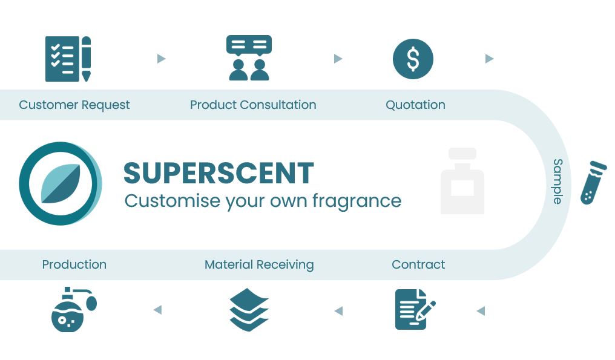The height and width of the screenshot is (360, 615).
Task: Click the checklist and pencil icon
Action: pos(68,59)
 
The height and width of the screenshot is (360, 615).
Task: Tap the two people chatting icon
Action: pos(249,57)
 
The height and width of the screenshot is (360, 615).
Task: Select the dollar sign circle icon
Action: pos(413,59)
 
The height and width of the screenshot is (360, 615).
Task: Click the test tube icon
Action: pos(593,183)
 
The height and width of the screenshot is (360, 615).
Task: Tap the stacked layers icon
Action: pos(249,309)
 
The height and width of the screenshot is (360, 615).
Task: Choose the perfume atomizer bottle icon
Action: pos(74,309)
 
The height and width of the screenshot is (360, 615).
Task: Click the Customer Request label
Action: pos(74,105)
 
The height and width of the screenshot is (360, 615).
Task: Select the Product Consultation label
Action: pos(253,105)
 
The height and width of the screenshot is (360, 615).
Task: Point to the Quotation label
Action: pos(415,105)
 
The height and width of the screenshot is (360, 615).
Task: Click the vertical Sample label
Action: pos(557,182)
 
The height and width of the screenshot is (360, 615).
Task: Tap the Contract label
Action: pos(418,264)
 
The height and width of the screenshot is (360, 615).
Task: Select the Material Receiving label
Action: pos(259,265)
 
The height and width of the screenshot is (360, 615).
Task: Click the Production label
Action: pos(74,264)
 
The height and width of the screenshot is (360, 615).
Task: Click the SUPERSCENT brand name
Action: pos(219,173)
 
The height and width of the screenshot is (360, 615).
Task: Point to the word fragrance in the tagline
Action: pos(357,201)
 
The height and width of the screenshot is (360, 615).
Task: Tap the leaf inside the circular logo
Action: pos(61,183)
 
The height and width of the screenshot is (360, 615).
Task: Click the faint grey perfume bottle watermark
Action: pos(462,181)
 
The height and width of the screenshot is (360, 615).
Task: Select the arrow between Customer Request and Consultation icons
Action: pos(161,59)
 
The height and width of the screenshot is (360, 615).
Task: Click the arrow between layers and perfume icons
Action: pos(157,310)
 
